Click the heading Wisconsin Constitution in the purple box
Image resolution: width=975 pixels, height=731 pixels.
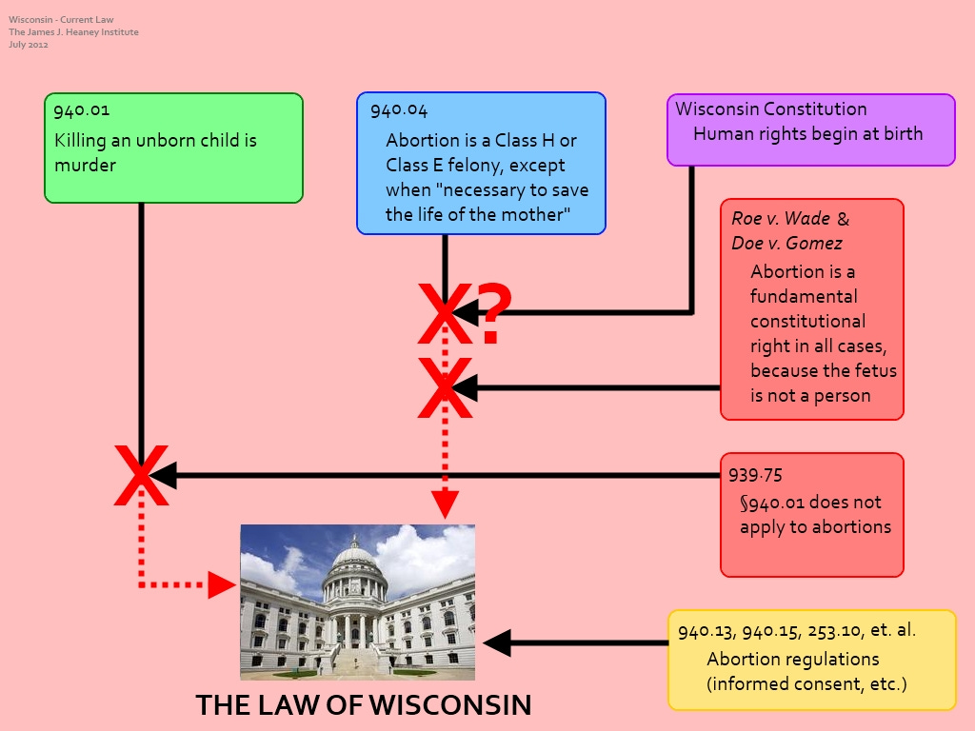tap(771, 109)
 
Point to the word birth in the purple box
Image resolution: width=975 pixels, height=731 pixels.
tap(901, 134)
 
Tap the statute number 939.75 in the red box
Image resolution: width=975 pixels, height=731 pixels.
tap(756, 475)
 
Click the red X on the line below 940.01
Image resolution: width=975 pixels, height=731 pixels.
tap(141, 475)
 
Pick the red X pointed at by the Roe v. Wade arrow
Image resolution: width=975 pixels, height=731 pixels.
tap(445, 388)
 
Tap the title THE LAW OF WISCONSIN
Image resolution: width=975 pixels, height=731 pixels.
tap(363, 705)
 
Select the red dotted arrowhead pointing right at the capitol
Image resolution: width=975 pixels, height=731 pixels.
tap(221, 585)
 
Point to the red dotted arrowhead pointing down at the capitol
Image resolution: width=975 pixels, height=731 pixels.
tap(445, 504)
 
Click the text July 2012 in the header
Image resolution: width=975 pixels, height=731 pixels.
tap(29, 45)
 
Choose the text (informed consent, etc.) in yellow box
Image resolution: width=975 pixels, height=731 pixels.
tap(806, 683)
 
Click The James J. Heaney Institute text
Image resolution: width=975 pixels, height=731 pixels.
tap(73, 32)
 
